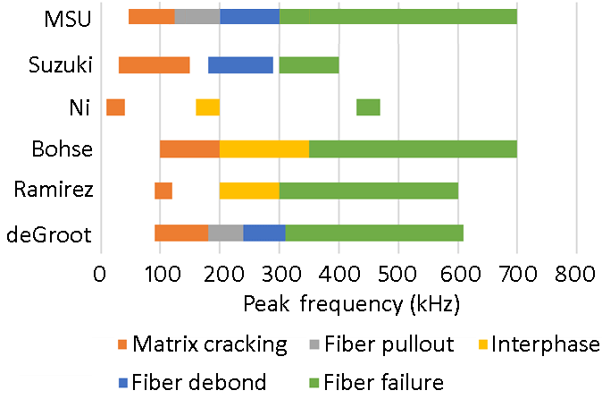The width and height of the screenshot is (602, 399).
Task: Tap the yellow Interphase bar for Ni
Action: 207,107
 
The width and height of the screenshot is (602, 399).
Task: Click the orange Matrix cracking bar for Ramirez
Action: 163,191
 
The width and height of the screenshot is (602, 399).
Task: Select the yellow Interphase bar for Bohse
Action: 264,149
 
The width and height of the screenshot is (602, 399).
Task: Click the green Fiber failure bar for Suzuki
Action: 309,64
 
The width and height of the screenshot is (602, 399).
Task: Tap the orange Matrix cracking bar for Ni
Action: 115,107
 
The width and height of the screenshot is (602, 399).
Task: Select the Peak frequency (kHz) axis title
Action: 351,304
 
